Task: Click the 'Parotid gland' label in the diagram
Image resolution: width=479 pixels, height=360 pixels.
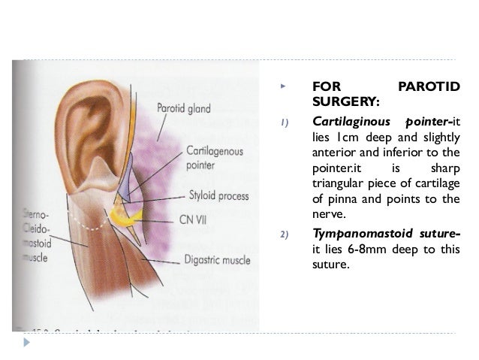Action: (182, 108)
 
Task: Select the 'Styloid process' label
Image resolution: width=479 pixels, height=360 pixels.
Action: (218, 196)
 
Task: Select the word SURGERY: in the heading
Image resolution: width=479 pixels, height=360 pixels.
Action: (345, 101)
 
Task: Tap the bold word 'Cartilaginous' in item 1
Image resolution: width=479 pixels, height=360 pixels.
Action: (349, 122)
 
